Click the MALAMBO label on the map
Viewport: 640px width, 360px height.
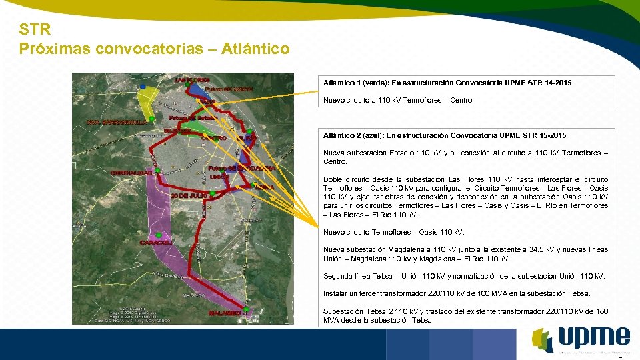[225, 313]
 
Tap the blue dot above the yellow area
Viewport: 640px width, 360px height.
[143, 87]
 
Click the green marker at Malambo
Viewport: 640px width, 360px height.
[246, 309]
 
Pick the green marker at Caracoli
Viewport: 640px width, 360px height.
[159, 235]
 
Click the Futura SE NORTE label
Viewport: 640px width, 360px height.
[229, 89]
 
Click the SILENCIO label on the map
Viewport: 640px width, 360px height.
[179, 131]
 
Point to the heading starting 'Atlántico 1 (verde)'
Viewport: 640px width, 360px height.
[447, 83]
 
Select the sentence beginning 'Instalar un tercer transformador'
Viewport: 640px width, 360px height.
[457, 293]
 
